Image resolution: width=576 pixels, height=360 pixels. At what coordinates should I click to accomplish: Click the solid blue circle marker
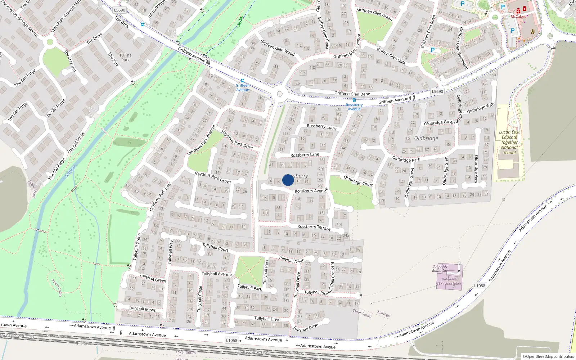(288, 180)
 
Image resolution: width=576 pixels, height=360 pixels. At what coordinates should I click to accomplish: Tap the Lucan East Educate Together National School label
(509, 142)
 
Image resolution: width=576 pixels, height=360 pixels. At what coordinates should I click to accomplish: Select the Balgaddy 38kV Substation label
(449, 281)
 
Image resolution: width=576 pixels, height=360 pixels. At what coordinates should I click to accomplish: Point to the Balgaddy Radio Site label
(440, 269)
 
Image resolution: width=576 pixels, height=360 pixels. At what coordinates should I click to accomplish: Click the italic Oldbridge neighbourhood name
(426, 138)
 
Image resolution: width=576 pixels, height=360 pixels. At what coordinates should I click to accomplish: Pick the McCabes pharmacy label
(518, 17)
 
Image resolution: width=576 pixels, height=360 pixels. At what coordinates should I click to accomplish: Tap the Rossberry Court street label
(322, 126)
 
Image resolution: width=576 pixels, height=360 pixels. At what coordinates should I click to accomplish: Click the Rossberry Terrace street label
(314, 227)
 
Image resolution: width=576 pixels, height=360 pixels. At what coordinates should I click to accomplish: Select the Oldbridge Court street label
(358, 181)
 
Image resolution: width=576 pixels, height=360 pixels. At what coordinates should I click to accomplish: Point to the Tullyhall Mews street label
(142, 309)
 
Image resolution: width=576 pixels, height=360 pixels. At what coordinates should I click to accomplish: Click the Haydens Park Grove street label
(212, 177)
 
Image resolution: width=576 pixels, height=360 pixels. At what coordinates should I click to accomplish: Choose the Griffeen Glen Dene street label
(352, 94)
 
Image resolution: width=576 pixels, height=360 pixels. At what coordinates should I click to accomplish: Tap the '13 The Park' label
(125, 58)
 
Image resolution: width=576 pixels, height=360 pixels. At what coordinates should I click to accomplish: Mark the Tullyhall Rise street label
(316, 292)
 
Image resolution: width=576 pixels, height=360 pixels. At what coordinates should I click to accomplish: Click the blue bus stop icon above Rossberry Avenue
(354, 100)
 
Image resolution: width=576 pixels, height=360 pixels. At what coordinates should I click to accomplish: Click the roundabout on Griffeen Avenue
(280, 94)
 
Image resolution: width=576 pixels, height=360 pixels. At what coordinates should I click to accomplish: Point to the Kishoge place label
(383, 314)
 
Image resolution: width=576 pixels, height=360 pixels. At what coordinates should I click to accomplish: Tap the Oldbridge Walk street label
(481, 108)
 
